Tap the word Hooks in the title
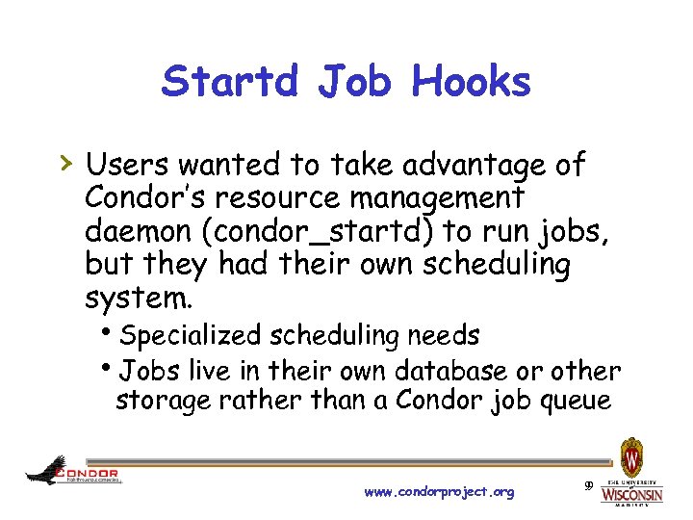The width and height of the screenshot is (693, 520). pos(472,82)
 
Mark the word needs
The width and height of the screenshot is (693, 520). pos(443,335)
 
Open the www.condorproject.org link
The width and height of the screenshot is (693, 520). pos(439,492)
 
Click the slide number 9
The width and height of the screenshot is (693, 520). pos(587,484)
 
